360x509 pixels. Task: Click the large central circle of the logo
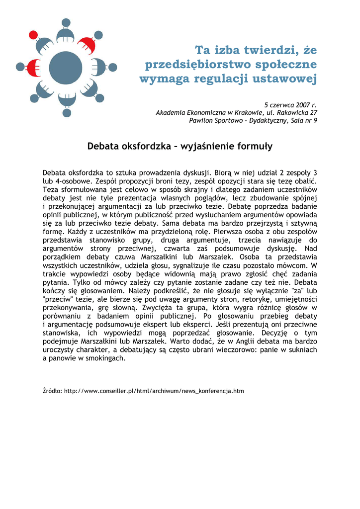[x=65, y=68]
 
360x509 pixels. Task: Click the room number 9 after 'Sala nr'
[x=315, y=120]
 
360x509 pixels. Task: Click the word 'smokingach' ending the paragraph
[x=106, y=358]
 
